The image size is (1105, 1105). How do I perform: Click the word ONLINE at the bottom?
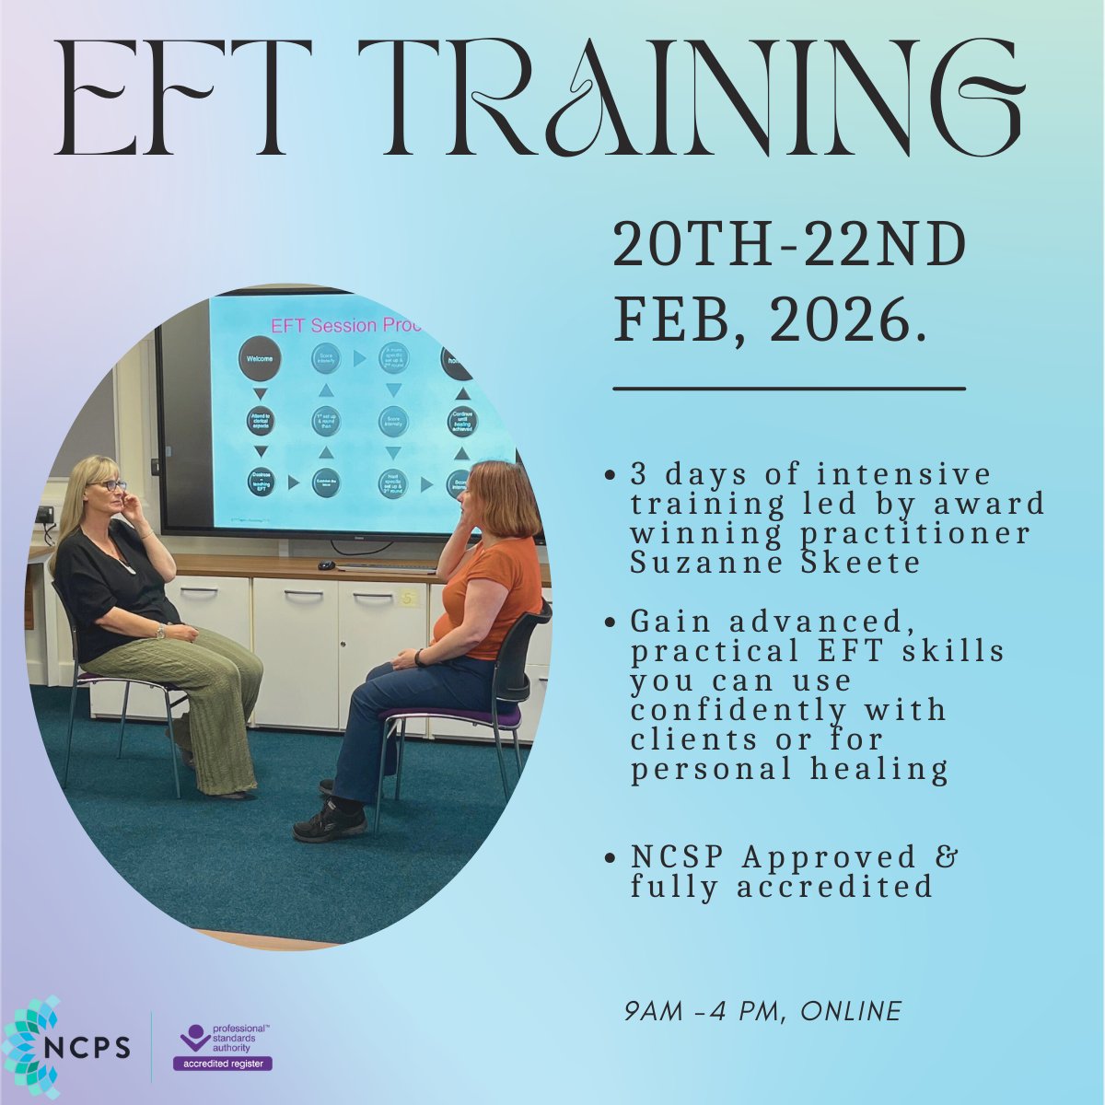[851, 1011]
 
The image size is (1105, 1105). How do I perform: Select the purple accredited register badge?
[223, 1064]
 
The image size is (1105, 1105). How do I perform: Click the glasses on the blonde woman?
[108, 485]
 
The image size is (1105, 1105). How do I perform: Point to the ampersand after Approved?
[948, 857]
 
